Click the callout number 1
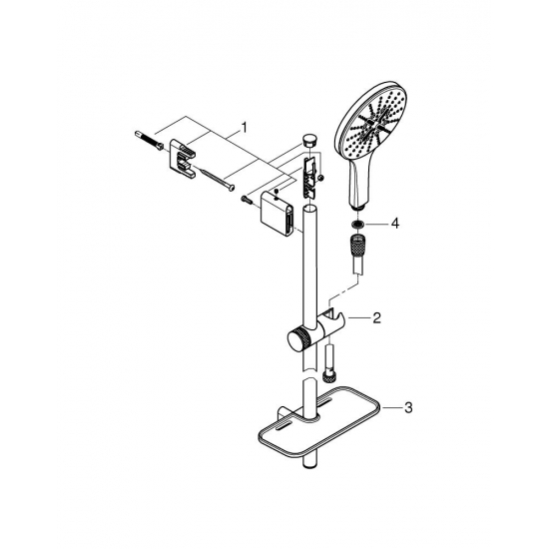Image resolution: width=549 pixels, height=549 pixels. (241, 129)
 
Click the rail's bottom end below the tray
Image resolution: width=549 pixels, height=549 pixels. (311, 461)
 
